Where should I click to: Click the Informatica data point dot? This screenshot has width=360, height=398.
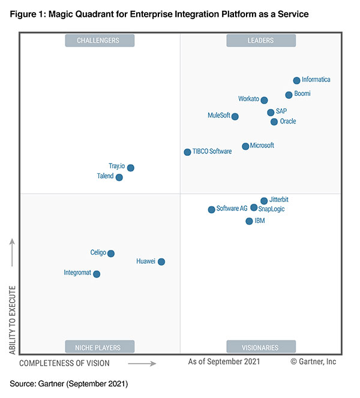[x=296, y=80]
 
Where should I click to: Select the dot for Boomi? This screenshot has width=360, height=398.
[x=289, y=95]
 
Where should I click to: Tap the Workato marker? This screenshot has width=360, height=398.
[x=264, y=100]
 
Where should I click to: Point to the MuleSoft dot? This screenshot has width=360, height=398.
[x=235, y=116]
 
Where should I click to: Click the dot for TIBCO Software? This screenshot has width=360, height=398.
[x=187, y=152]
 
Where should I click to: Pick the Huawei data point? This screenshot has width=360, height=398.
[x=161, y=261]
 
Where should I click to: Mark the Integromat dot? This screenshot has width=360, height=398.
[x=97, y=274]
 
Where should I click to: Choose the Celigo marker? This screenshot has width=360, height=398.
[x=110, y=254]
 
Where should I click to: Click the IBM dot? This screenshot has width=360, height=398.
[x=249, y=221]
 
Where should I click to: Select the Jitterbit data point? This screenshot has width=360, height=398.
[x=264, y=201]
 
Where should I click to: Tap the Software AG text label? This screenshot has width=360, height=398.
[x=232, y=209]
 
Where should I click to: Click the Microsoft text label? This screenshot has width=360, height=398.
[x=262, y=146]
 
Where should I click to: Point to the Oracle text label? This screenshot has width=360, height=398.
[x=288, y=122]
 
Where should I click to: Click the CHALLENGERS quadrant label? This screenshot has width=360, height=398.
[x=99, y=41]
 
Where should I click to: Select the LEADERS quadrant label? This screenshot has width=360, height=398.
[x=260, y=41]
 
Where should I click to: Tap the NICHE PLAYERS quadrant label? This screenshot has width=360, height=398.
[x=99, y=347]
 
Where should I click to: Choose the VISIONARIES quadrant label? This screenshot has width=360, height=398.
[x=260, y=347]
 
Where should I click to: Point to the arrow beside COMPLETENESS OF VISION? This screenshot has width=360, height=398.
[x=142, y=363]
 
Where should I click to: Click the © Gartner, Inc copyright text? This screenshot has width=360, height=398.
[x=313, y=362]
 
